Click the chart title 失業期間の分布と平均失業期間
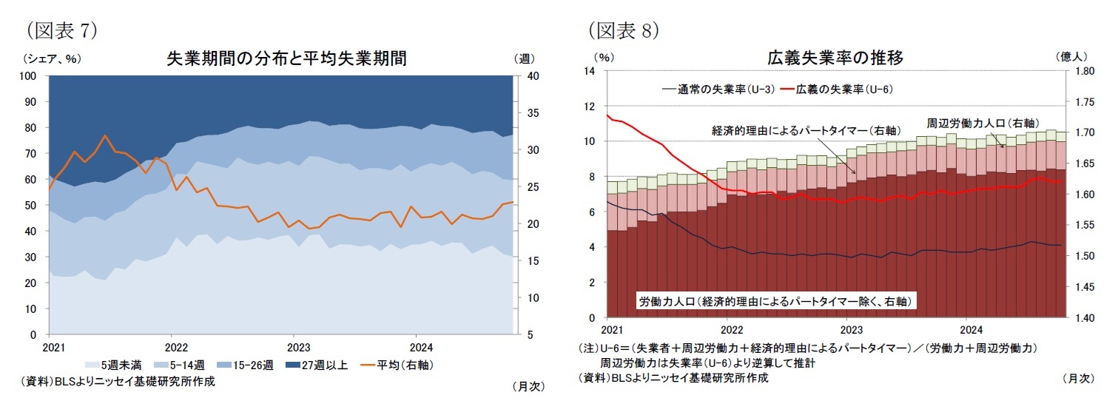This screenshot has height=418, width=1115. coord(286,58)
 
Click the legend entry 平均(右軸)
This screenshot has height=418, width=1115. coord(396,365)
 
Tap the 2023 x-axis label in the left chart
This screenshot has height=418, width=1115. coord(298,346)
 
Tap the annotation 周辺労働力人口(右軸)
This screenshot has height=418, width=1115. coord(980,123)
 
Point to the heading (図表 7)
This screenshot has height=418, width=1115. coord(62,30)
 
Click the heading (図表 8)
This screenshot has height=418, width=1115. coord(624,30)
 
